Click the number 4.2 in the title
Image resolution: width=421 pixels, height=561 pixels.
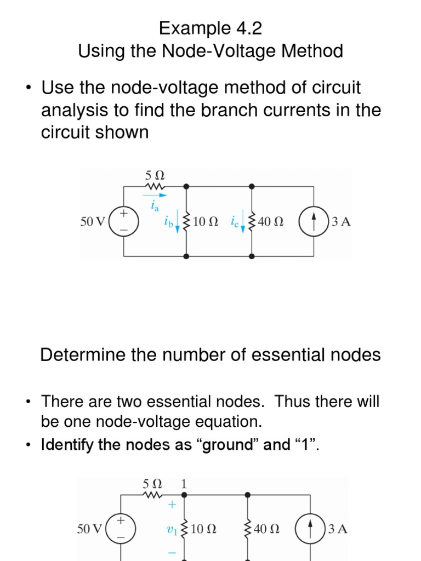(240, 28)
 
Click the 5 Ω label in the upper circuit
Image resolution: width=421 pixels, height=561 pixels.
(155, 176)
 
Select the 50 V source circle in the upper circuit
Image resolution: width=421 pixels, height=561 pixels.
(124, 222)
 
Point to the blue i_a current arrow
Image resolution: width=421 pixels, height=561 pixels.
(155, 194)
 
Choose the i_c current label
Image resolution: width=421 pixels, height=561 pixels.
(234, 222)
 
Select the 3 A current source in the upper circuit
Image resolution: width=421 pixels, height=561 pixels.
(314, 222)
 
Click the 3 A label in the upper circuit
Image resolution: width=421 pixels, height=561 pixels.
(340, 222)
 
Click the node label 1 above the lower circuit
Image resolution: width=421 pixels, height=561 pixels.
(184, 484)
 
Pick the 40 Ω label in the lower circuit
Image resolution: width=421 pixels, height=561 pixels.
(267, 529)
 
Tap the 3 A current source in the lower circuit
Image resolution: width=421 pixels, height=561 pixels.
(311, 529)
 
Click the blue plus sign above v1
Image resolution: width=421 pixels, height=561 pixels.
(172, 505)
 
